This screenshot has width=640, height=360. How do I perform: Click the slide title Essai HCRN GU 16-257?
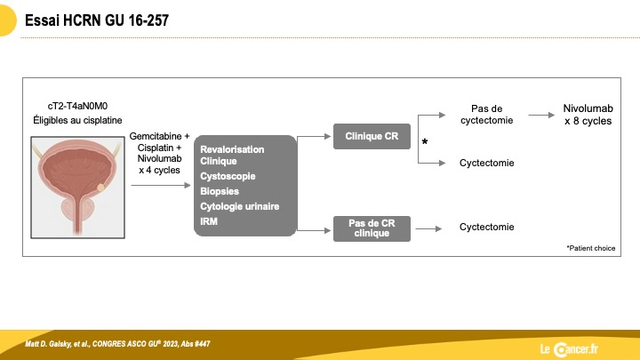click(x=97, y=20)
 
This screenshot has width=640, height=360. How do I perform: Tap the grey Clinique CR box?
click(x=372, y=136)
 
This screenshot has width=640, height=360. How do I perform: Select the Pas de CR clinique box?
click(x=372, y=228)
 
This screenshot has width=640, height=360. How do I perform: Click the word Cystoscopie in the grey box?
click(x=228, y=176)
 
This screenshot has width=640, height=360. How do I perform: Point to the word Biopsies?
click(x=220, y=191)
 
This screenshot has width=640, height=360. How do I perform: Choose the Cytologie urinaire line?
click(x=240, y=206)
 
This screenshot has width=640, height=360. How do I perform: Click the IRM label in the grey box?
click(x=209, y=221)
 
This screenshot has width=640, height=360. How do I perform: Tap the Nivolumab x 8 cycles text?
click(x=588, y=115)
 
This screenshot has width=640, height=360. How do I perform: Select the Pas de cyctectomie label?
click(x=486, y=115)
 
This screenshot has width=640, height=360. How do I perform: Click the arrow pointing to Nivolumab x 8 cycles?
click(x=541, y=115)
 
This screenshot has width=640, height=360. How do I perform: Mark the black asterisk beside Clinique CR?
click(x=425, y=141)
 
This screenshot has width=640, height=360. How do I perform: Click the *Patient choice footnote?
click(x=590, y=248)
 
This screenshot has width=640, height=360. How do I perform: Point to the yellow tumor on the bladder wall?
click(x=100, y=188)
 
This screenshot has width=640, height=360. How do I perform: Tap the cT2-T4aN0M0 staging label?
click(x=77, y=106)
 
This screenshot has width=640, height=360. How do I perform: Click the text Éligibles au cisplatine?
click(x=77, y=120)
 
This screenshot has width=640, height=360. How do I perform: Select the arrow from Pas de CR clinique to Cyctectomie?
click(x=428, y=229)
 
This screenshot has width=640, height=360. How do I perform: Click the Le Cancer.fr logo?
click(x=569, y=349)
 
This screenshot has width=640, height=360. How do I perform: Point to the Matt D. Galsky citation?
click(x=117, y=344)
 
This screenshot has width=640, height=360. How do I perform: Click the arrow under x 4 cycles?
click(x=161, y=185)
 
